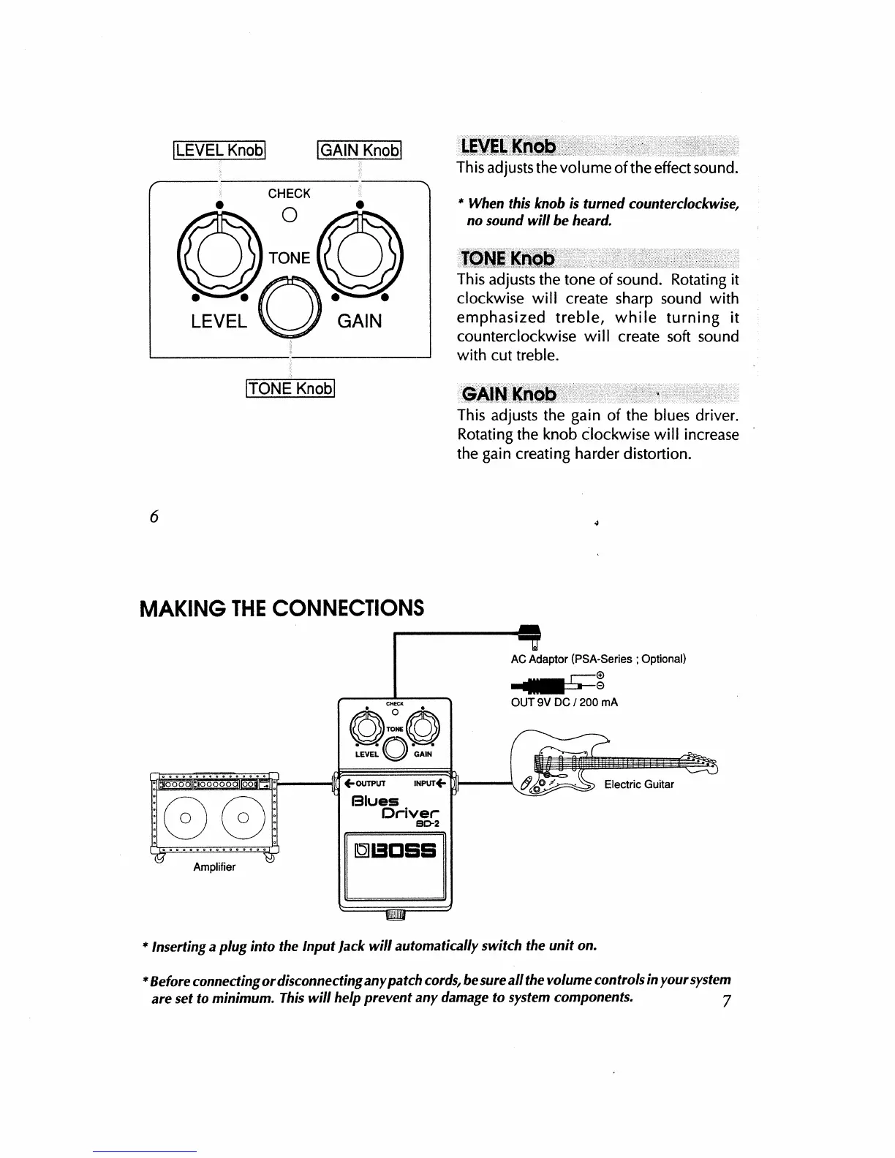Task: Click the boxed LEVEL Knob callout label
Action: pyautogui.click(x=219, y=150)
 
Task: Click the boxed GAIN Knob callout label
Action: pyautogui.click(x=359, y=150)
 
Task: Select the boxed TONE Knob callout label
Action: pyautogui.click(x=290, y=388)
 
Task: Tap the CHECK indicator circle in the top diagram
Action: pyautogui.click(x=290, y=215)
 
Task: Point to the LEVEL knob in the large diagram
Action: pyautogui.click(x=219, y=252)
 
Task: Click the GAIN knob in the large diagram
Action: pyautogui.click(x=359, y=252)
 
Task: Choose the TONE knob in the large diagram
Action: pyautogui.click(x=290, y=306)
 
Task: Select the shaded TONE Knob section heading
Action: pyautogui.click(x=509, y=259)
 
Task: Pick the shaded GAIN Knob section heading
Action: pyautogui.click(x=509, y=395)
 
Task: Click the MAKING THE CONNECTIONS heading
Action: pyautogui.click(x=282, y=608)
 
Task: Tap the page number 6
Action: pyautogui.click(x=154, y=515)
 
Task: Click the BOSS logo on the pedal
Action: pyautogui.click(x=395, y=850)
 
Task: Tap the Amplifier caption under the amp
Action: pyautogui.click(x=214, y=867)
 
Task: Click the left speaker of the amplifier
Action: pyautogui.click(x=185, y=817)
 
